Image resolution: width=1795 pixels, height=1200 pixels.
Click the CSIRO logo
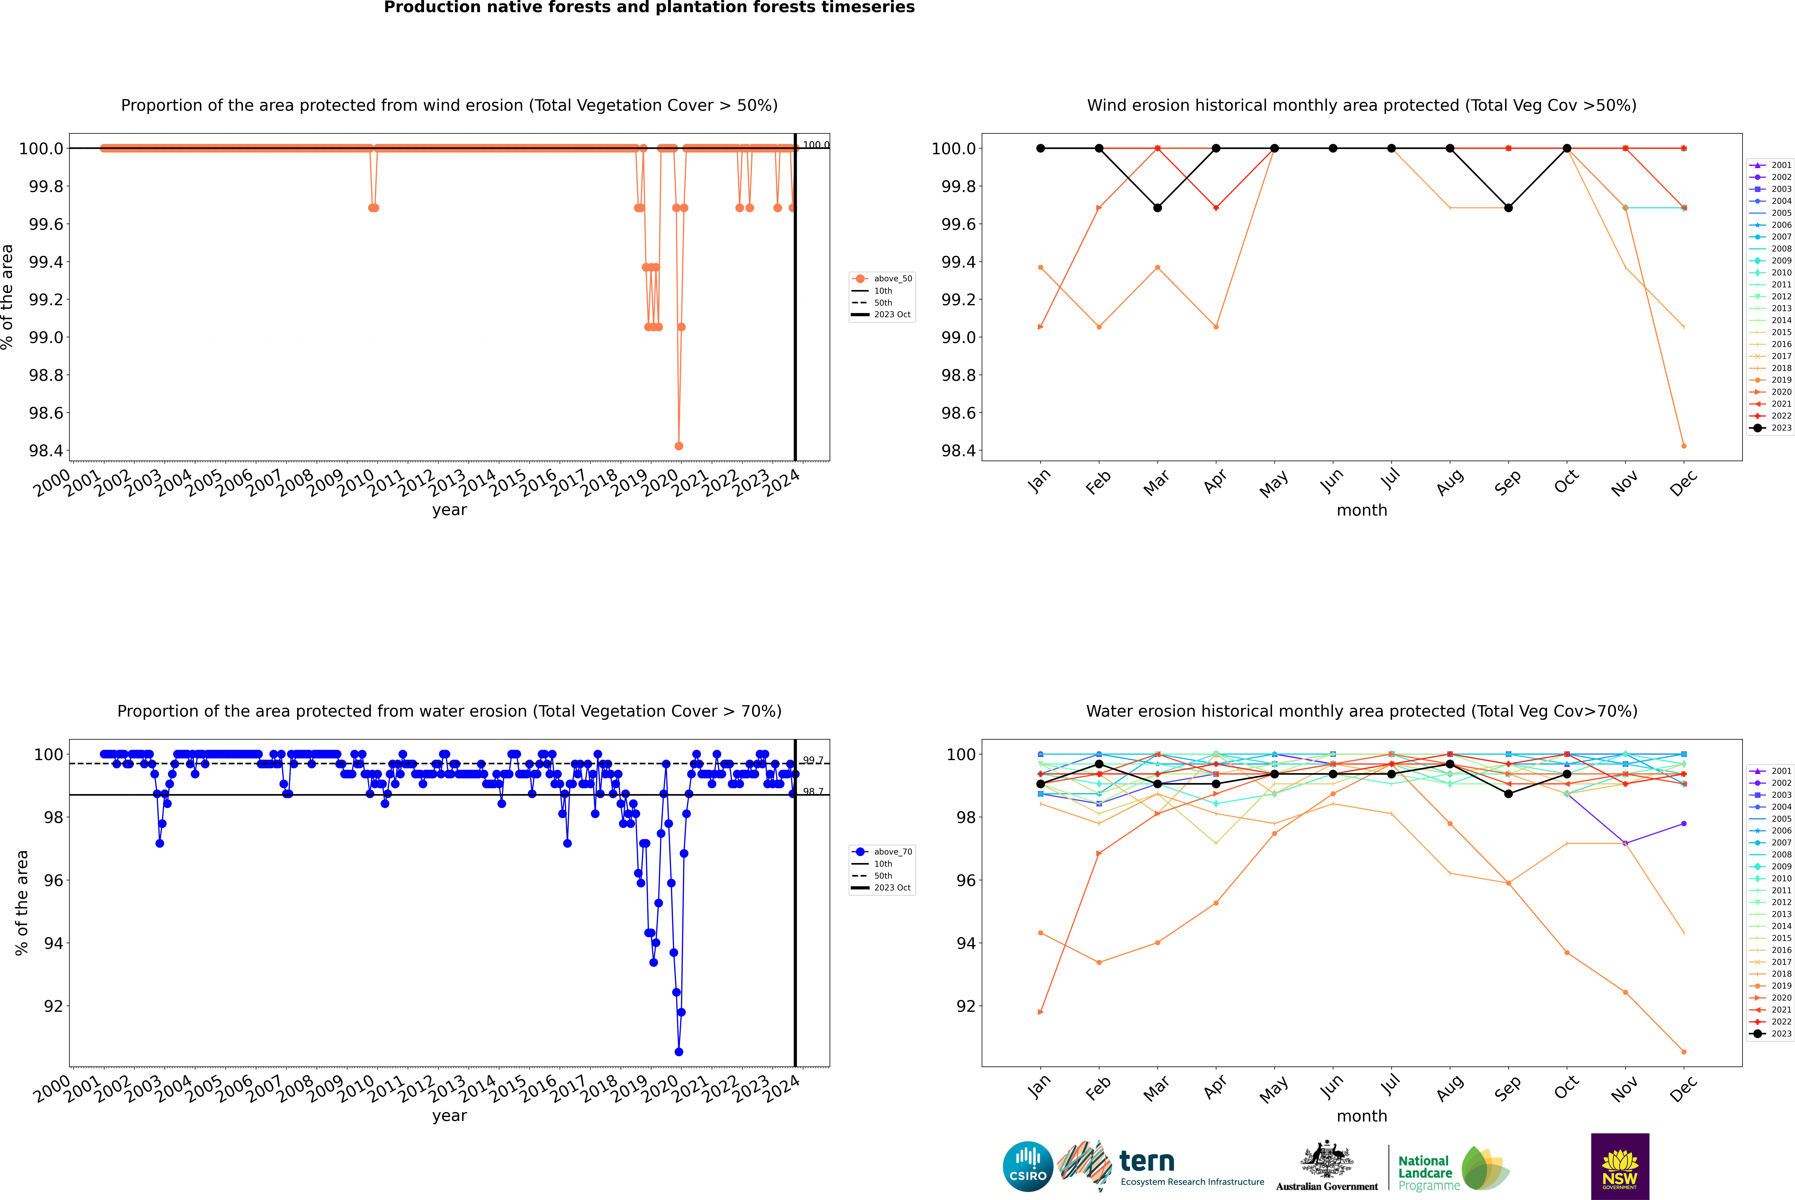(x=1028, y=1166)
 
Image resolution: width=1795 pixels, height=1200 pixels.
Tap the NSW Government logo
(x=1620, y=1166)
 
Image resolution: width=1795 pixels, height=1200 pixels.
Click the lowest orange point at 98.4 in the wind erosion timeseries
(x=679, y=446)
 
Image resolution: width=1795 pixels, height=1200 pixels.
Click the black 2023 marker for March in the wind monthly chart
(x=1158, y=208)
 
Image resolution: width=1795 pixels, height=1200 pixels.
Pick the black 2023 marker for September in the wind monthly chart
(x=1508, y=208)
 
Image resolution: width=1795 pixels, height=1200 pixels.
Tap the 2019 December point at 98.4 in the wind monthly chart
(x=1683, y=446)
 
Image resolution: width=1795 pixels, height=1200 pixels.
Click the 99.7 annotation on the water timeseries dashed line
(x=813, y=761)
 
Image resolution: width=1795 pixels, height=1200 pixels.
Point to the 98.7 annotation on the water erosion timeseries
(x=813, y=791)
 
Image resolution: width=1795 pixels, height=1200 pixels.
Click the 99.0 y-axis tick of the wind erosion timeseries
(x=46, y=338)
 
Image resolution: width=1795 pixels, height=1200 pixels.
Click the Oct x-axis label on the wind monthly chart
(x=1565, y=482)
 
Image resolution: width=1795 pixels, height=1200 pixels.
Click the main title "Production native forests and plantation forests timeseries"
(x=649, y=8)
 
